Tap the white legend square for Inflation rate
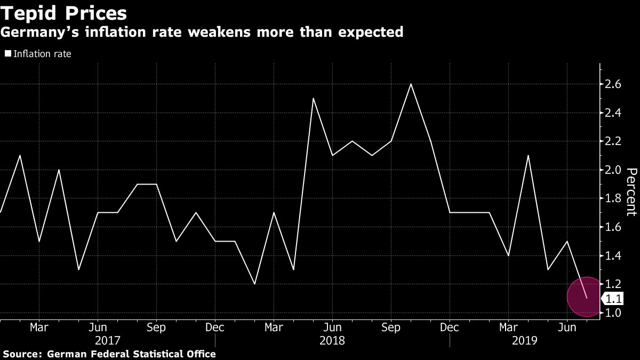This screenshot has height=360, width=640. (7, 54)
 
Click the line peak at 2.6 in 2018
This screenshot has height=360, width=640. (411, 84)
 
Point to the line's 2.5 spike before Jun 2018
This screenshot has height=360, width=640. (313, 99)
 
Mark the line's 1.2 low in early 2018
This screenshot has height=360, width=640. (254, 284)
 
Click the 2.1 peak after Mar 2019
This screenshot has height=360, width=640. (528, 156)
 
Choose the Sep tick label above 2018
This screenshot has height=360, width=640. (391, 326)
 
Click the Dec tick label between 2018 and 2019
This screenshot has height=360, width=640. (450, 326)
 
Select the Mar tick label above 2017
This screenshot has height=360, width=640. (39, 326)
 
